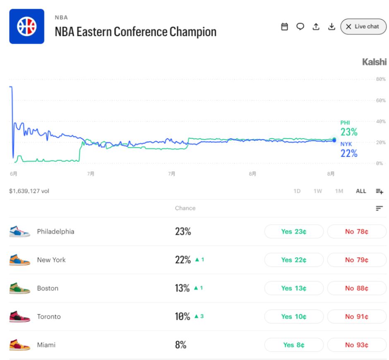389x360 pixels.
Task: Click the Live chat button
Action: pyautogui.click(x=363, y=26)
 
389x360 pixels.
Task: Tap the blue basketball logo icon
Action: pyautogui.click(x=27, y=26)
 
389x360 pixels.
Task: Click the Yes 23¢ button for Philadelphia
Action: pyautogui.click(x=294, y=231)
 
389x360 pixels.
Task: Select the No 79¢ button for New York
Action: pyautogui.click(x=356, y=260)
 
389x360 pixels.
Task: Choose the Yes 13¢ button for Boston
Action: pyautogui.click(x=294, y=288)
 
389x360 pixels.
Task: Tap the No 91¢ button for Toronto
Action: pyautogui.click(x=356, y=317)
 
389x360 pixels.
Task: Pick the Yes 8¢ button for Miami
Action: pyautogui.click(x=294, y=345)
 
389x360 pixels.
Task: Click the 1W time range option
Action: pyautogui.click(x=317, y=191)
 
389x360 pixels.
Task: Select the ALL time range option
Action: pyautogui.click(x=361, y=191)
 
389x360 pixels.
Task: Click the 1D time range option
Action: pyautogui.click(x=297, y=191)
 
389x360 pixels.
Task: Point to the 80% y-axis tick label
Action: pyautogui.click(x=381, y=79)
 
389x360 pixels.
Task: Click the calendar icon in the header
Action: pyautogui.click(x=285, y=26)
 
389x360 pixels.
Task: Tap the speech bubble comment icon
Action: pyautogui.click(x=300, y=26)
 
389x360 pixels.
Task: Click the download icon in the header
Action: pyautogui.click(x=332, y=26)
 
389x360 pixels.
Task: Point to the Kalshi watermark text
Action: pyautogui.click(x=374, y=62)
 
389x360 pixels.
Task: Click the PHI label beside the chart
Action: pyautogui.click(x=345, y=122)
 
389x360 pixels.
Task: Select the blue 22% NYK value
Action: pyautogui.click(x=349, y=154)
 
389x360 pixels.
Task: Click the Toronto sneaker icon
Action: pyautogui.click(x=19, y=317)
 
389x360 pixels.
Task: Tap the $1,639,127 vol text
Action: pyautogui.click(x=29, y=191)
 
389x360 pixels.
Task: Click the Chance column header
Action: pyautogui.click(x=185, y=208)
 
